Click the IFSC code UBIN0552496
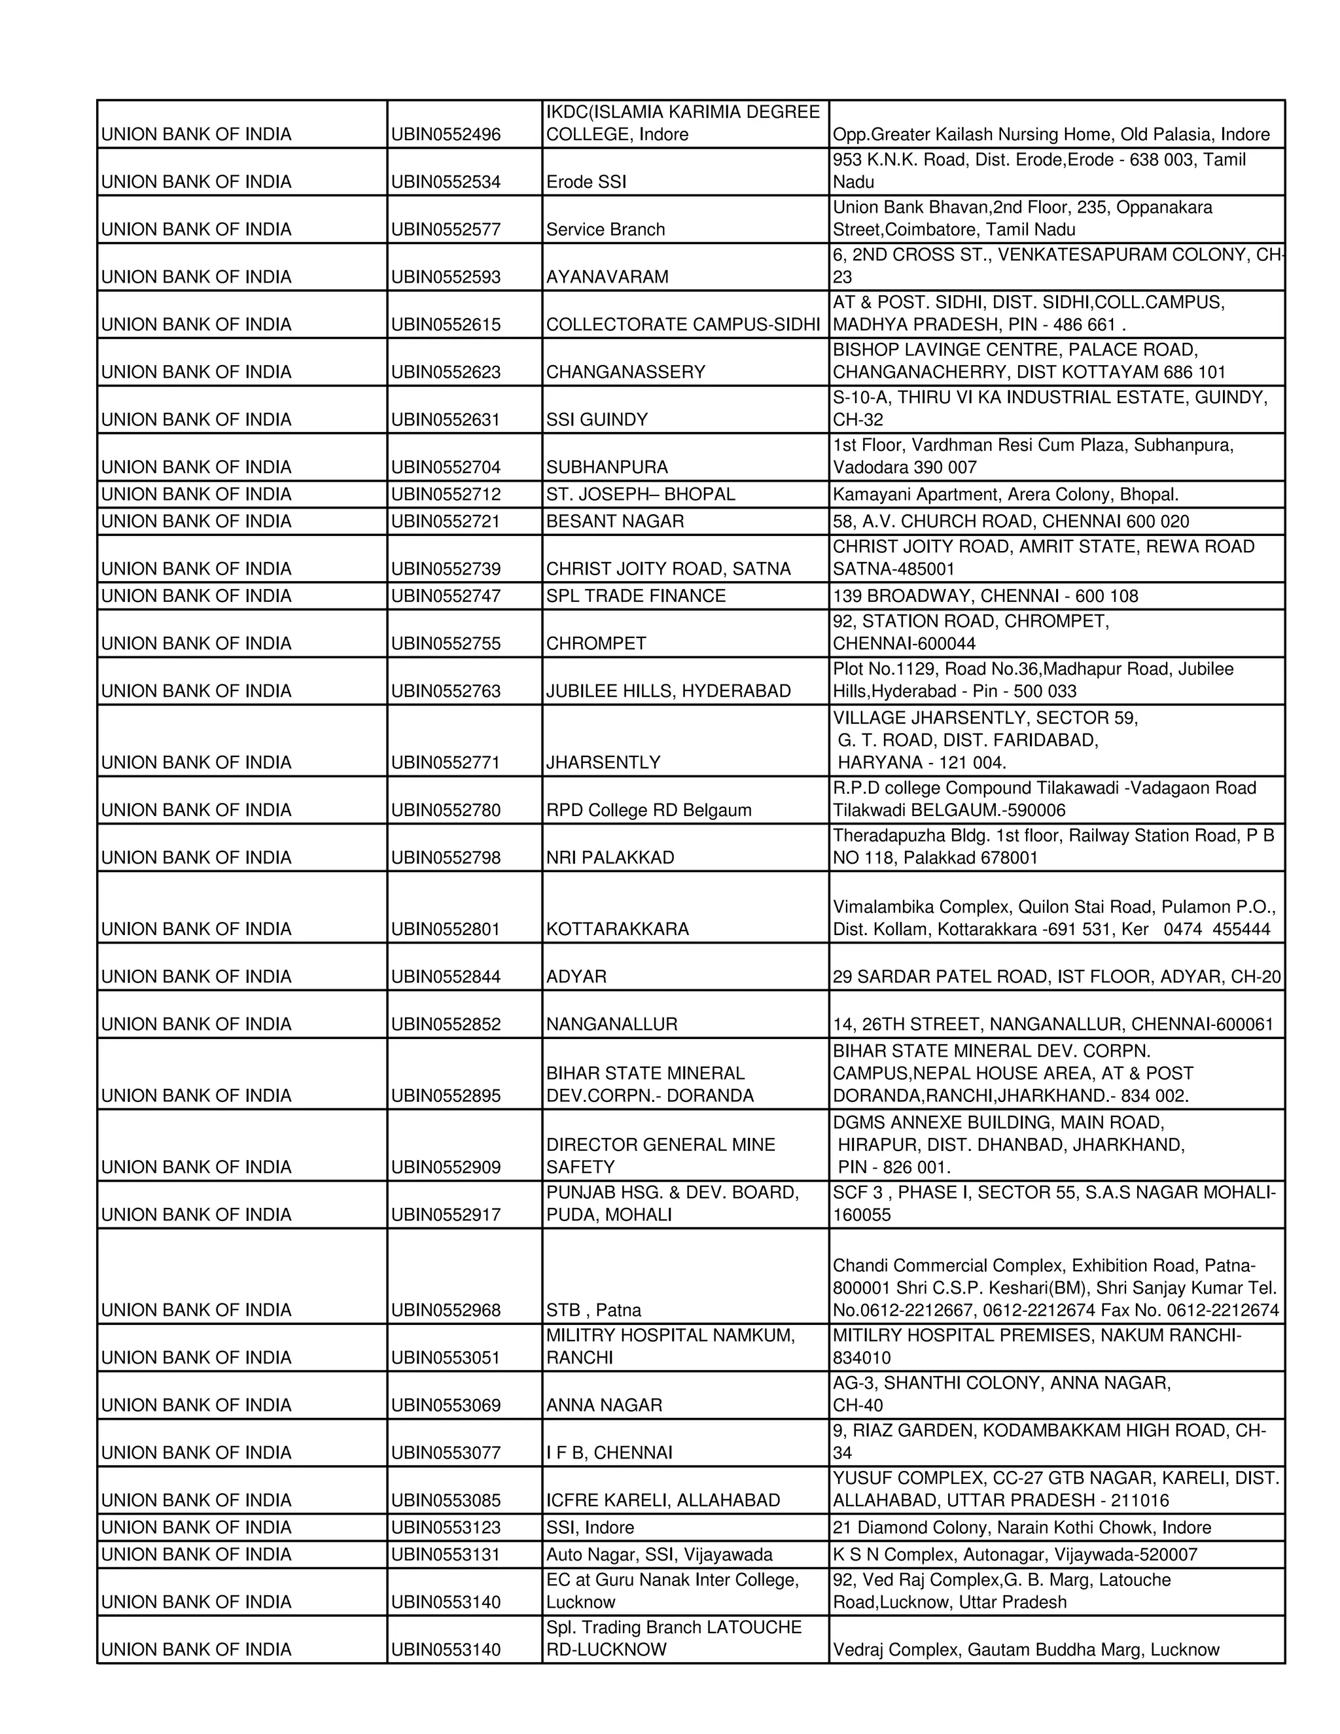[446, 134]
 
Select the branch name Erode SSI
[586, 182]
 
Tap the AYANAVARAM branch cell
[607, 277]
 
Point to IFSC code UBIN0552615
[446, 325]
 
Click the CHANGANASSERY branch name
[626, 372]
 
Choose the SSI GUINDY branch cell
[597, 420]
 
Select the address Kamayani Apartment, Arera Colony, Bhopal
[1005, 495]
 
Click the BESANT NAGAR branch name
[614, 522]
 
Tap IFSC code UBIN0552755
[446, 644]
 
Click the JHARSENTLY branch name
[603, 763]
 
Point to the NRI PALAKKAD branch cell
[610, 858]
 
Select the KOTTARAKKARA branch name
[617, 930]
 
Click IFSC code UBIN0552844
[446, 978]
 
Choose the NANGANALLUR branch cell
[611, 1025]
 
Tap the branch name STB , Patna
[593, 1311]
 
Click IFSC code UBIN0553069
[446, 1406]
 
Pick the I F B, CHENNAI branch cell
[609, 1454]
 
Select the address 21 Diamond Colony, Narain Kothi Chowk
[1021, 1529]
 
